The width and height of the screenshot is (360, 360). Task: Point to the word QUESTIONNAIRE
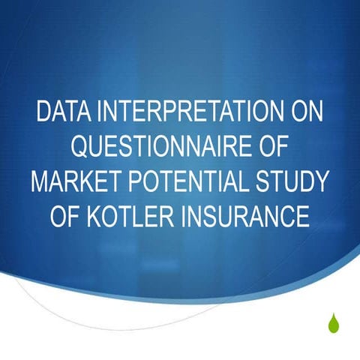pyautogui.click(x=160, y=147)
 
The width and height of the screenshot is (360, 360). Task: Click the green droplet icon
pyautogui.click(x=333, y=322)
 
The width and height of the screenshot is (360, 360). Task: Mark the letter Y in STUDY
pyautogui.click(x=322, y=181)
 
